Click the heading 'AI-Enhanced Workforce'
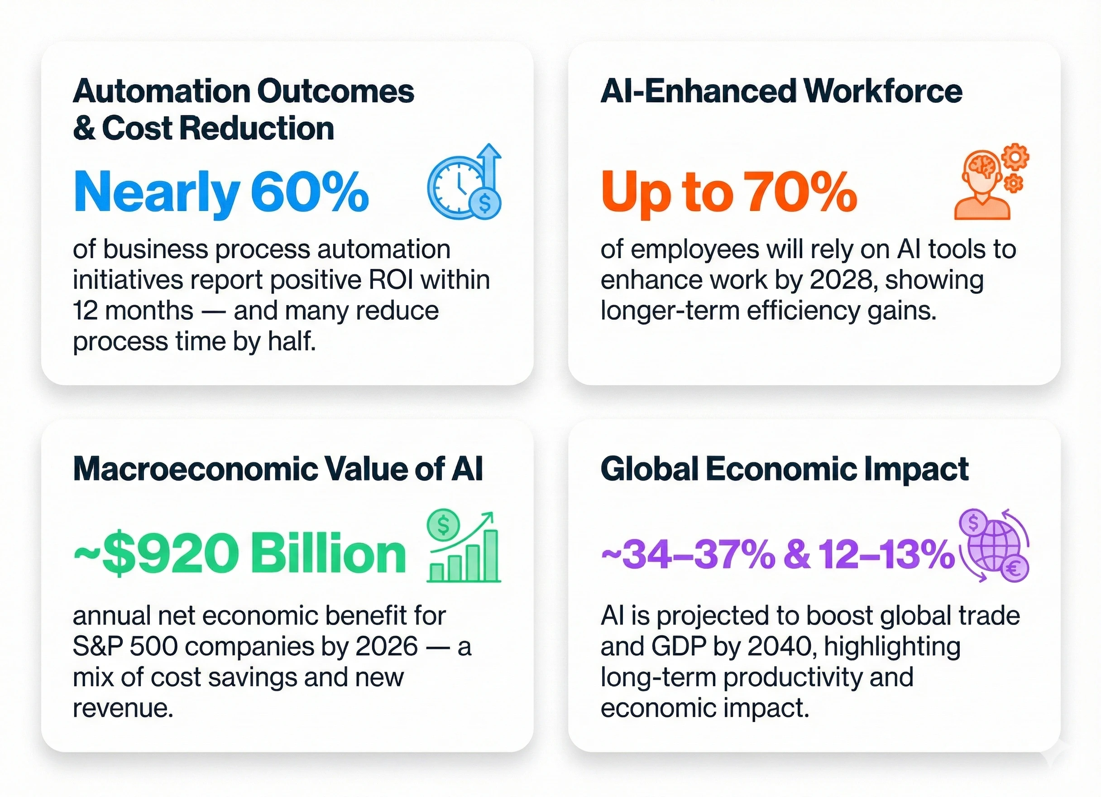[x=781, y=91]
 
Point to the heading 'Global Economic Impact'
[x=784, y=469]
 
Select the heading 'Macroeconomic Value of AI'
[x=278, y=469]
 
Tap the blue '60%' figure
[x=310, y=192]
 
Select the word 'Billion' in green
[x=329, y=554]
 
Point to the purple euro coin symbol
[x=1014, y=568]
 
